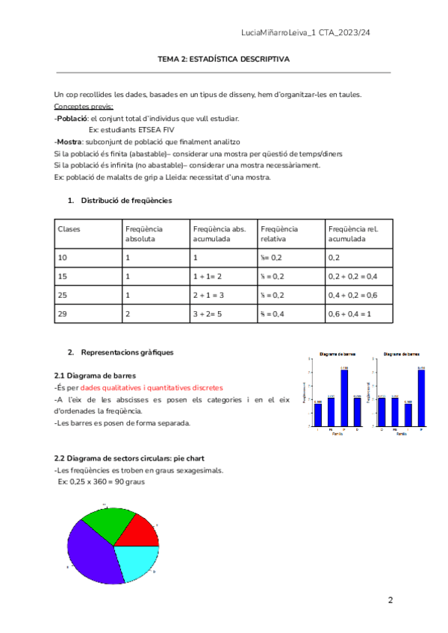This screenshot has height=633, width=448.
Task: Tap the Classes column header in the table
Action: point(69,228)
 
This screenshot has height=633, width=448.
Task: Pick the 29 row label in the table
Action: point(63,314)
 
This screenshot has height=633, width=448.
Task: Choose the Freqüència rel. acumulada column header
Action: point(354,234)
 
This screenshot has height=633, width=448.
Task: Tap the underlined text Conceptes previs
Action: point(84,107)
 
